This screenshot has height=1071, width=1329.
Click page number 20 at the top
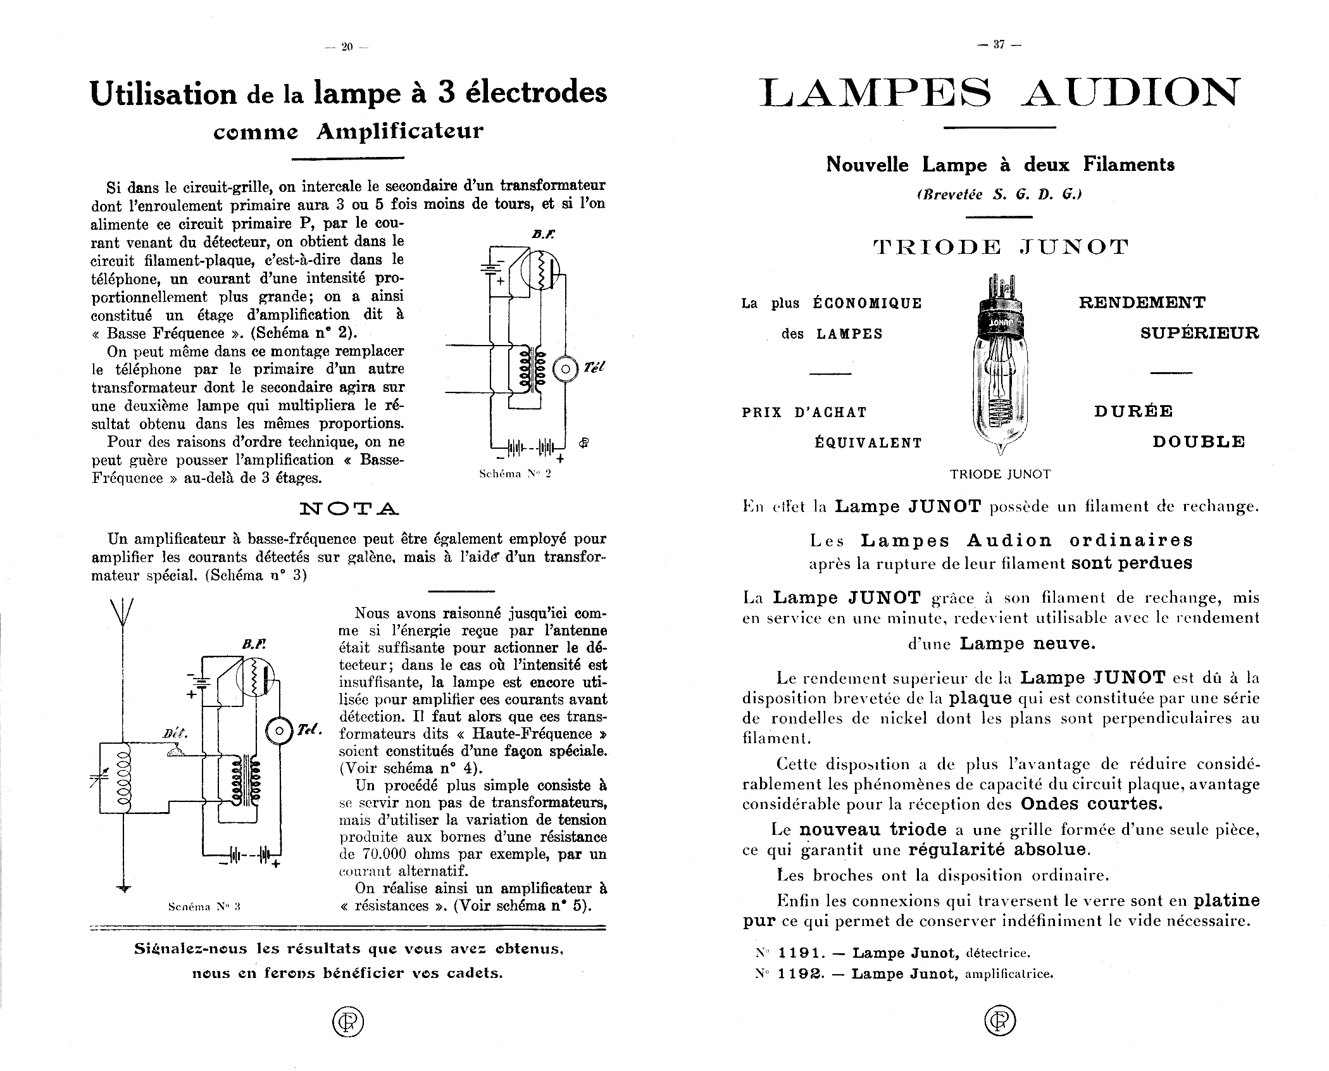[x=346, y=46]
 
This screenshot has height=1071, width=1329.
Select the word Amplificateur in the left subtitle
[x=400, y=131]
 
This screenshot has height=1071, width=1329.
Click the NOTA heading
[x=349, y=508]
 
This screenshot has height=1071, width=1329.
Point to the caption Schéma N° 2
[x=515, y=473]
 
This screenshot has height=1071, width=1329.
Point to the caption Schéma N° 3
[x=204, y=906]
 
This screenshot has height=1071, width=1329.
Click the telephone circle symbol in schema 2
[x=566, y=368]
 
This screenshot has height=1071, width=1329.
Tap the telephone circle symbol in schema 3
[x=279, y=731]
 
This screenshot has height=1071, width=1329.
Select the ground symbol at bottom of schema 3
[x=123, y=888]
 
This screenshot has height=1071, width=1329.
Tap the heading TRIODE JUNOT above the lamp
[x=1000, y=247]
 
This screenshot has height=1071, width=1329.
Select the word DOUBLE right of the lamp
[x=1198, y=441]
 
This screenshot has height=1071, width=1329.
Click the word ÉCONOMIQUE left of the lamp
[x=867, y=303]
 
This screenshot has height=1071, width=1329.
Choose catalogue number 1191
[x=800, y=953]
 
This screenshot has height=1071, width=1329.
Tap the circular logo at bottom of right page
[x=1000, y=1021]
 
